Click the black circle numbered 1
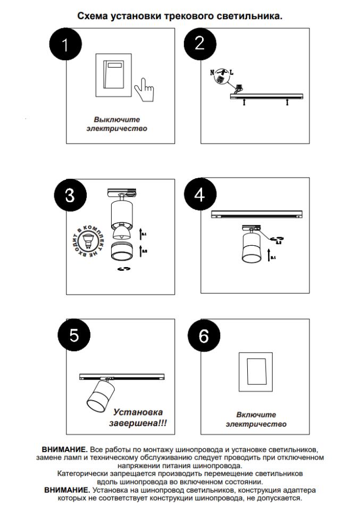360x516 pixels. (x=65, y=45)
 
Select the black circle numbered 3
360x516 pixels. (x=70, y=195)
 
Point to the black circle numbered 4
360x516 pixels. (x=199, y=195)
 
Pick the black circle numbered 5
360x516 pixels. (x=74, y=335)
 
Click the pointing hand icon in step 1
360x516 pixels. (x=144, y=89)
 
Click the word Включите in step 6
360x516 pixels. (x=256, y=414)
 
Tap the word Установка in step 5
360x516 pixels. (x=138, y=412)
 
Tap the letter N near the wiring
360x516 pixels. (x=213, y=72)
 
